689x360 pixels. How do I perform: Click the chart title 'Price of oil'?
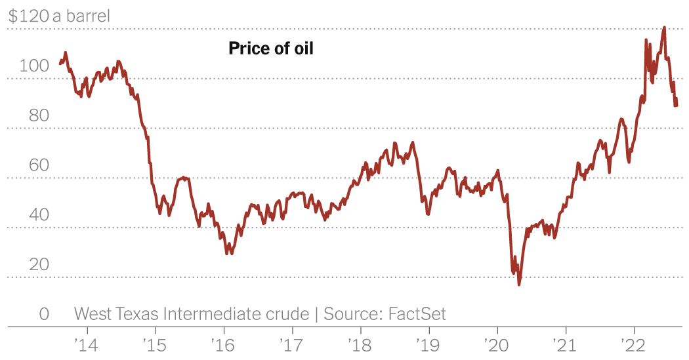click(271, 49)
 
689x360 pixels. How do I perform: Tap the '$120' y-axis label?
click(28, 16)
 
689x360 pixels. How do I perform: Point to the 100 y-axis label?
click(35, 66)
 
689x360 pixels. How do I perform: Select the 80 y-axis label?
click(39, 115)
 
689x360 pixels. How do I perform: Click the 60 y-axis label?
click(39, 165)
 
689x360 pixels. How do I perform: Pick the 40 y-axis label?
click(39, 214)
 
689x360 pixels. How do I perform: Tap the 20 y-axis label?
click(39, 264)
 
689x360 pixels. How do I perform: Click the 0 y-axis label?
click(44, 314)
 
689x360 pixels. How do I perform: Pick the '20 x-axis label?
click(497, 344)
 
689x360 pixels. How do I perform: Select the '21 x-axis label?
click(565, 344)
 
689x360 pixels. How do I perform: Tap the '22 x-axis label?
click(634, 344)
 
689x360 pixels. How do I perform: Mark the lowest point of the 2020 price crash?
click(519, 284)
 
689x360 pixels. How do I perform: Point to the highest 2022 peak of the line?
click(665, 28)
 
